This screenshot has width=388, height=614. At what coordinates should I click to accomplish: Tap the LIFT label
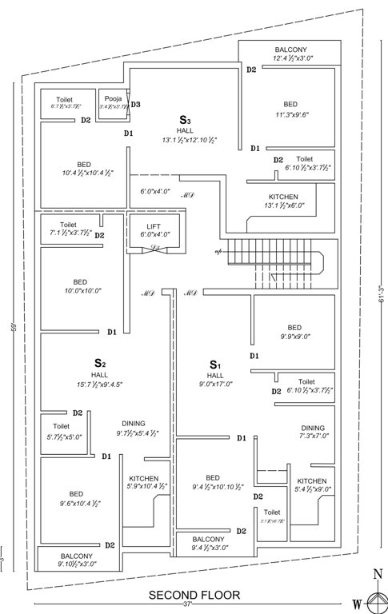(154, 226)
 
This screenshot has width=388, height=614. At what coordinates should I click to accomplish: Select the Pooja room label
(110, 97)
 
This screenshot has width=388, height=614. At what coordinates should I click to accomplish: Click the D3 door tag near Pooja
(136, 105)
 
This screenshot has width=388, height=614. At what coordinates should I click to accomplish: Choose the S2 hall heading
(100, 364)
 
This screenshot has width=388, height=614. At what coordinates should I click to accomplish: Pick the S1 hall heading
(214, 365)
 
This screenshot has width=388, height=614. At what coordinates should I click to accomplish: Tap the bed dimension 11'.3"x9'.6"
(292, 114)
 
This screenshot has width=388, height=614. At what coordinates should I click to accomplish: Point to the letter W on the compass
(358, 603)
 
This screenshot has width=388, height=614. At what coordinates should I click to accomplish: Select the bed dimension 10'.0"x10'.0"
(80, 292)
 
